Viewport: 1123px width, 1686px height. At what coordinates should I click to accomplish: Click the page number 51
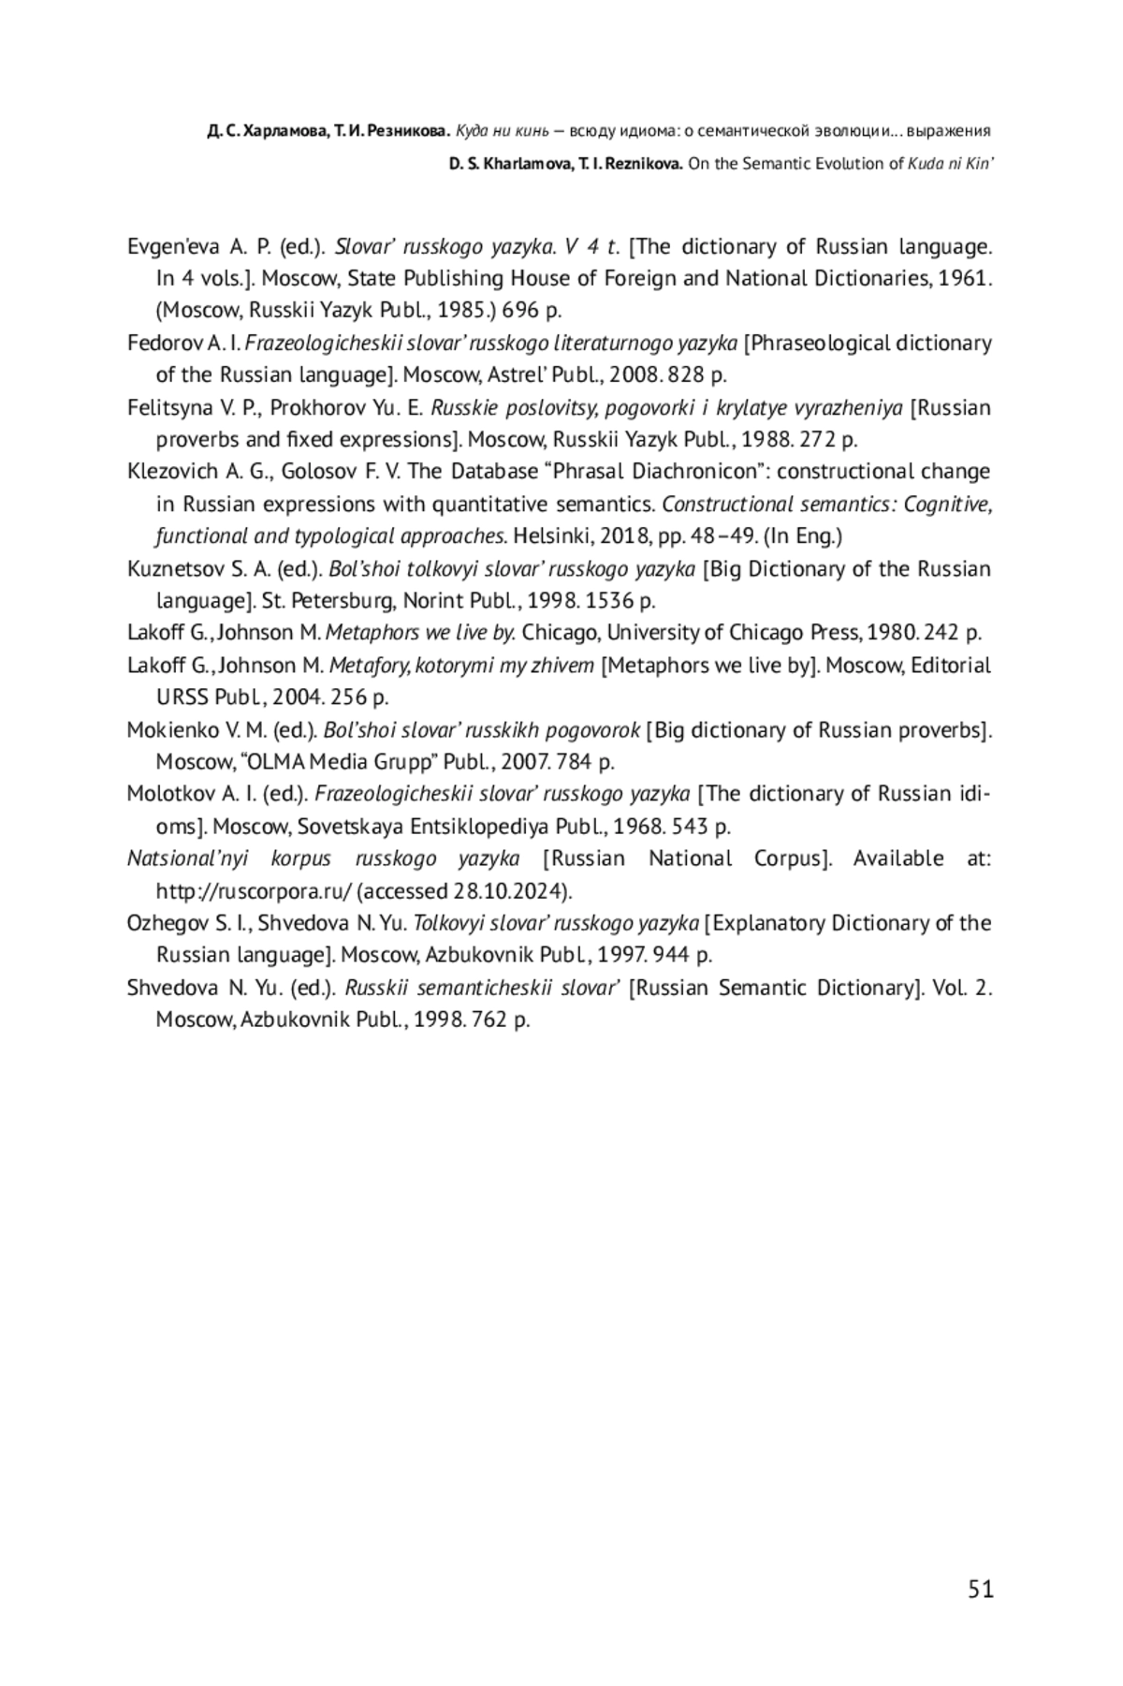click(x=980, y=1589)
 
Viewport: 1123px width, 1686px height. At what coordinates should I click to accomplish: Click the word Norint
click(x=427, y=601)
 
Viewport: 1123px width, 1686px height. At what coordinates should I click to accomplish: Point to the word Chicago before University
click(x=561, y=633)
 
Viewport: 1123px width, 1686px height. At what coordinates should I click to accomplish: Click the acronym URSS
click(x=182, y=697)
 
